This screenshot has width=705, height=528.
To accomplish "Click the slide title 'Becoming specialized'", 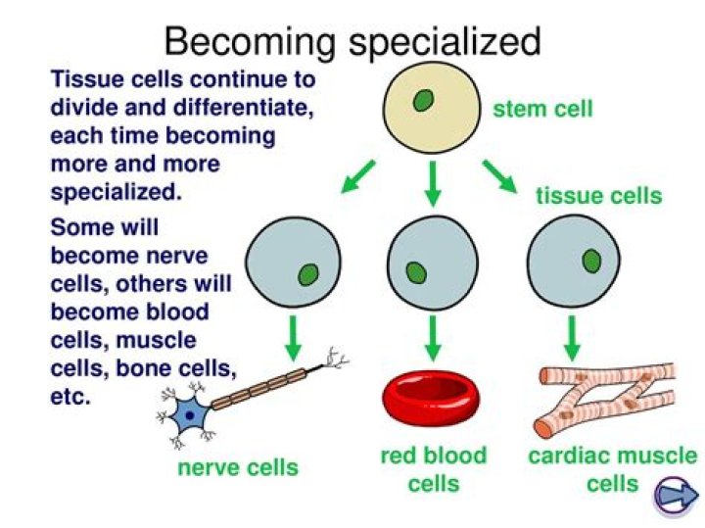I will coord(352,42).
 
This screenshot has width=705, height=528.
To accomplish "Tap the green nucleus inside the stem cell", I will coord(424,101).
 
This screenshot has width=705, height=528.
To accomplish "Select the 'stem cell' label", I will coord(542,108).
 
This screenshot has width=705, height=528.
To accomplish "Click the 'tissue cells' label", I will coord(598,195).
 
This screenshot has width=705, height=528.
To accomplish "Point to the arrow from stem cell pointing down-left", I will coord(356,175).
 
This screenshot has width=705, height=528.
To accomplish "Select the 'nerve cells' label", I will coord(238,467).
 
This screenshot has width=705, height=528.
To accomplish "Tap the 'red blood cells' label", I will coord(433,469).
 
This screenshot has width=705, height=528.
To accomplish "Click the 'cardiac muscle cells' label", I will coord(612,469).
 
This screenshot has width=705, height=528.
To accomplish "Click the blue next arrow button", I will coord(675,495).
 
